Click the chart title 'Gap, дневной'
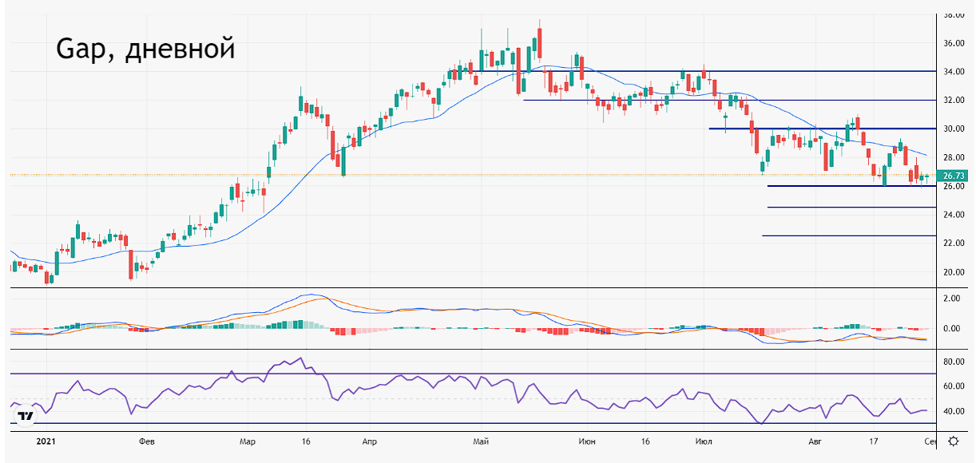pos(145,49)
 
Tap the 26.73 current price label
pos(954,176)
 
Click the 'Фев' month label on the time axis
pos(146,441)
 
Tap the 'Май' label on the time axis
pos(480,441)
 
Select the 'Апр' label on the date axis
pos(369,441)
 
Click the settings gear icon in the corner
pos(954,441)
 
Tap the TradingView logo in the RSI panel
pos(27,416)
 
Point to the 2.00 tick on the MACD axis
pos(951,298)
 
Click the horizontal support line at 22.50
pos(847,235)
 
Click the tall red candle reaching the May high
pos(540,44)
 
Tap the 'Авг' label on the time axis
pos(815,441)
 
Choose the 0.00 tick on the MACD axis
pos(951,328)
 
